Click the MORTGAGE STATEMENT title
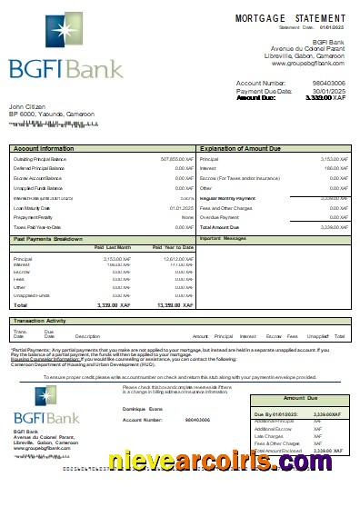[290, 18]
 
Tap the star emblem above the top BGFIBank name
[43, 38]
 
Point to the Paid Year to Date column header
[174, 247]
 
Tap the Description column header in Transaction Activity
[87, 336]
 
